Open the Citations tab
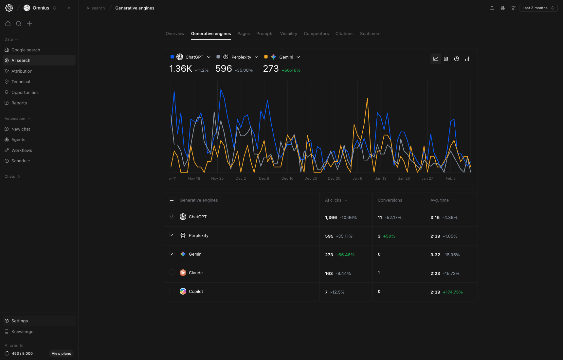point(344,34)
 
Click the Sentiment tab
point(370,34)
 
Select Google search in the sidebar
point(26,50)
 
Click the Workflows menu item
point(22,151)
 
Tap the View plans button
point(61,353)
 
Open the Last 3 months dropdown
point(538,8)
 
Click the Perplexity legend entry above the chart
point(241,57)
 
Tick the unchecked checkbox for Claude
point(172,272)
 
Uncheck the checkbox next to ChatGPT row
point(172,216)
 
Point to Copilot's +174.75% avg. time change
point(453,292)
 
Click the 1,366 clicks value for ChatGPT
point(331,218)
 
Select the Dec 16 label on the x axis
point(287,179)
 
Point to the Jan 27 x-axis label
point(427,179)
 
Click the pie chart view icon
point(457,59)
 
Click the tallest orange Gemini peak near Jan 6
point(367,99)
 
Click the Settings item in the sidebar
point(20,321)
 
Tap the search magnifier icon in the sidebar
point(19,24)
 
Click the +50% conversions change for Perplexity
point(389,236)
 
